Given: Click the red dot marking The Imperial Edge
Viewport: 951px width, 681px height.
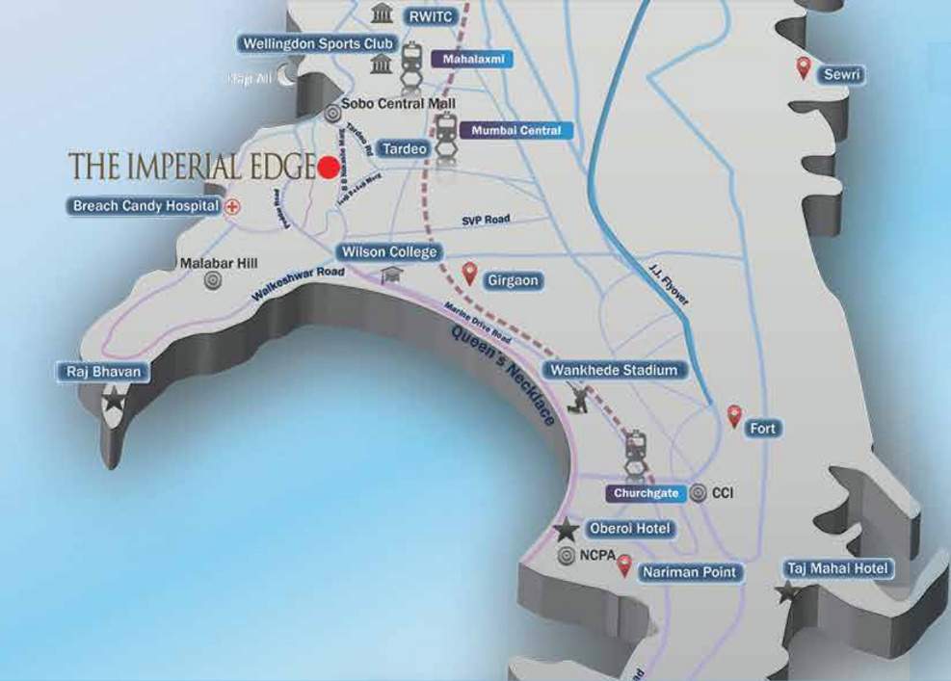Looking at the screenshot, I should (x=329, y=168).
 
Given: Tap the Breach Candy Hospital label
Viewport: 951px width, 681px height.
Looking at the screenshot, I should (x=145, y=206).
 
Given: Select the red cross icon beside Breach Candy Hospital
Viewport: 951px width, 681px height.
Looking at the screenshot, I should (x=232, y=206).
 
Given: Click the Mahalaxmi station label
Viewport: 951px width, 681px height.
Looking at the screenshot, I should (x=472, y=59).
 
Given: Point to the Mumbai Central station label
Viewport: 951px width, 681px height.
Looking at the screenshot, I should (x=516, y=130).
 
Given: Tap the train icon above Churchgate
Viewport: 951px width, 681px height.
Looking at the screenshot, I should (x=635, y=449).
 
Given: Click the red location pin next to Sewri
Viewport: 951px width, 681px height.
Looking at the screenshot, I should (x=803, y=67).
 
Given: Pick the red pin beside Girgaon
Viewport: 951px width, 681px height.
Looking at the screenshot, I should (x=470, y=274).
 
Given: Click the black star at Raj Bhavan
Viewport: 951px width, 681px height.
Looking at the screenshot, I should (x=114, y=400).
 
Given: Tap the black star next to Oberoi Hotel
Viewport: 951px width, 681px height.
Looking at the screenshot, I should (x=568, y=529).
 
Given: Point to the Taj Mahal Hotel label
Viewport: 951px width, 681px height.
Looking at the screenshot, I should (x=836, y=568).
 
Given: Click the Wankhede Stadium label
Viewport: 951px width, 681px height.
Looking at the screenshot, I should (x=614, y=370).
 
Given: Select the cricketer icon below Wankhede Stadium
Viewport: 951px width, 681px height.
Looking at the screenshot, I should (x=579, y=399).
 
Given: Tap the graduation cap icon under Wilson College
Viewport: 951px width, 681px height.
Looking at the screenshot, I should (x=389, y=275).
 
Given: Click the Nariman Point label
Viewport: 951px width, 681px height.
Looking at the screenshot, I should (x=691, y=572).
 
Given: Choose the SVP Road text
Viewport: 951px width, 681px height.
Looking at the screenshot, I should (x=485, y=220).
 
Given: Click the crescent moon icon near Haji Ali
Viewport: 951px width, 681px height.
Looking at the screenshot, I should (x=286, y=77).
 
